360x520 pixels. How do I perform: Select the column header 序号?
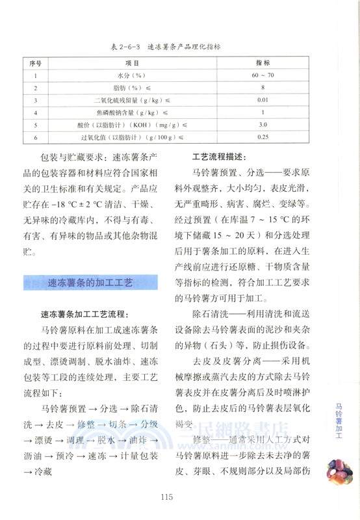point(36,64)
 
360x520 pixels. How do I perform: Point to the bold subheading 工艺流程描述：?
point(219,158)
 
